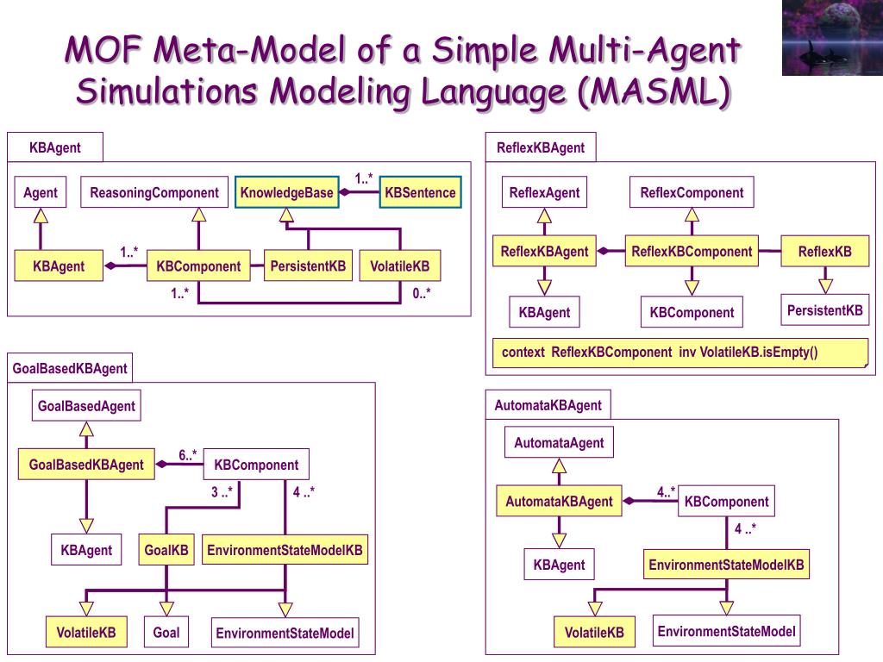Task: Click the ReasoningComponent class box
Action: pos(154,192)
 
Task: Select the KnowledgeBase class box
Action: pos(286,192)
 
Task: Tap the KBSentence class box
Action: pos(420,192)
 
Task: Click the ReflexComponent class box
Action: pos(692,192)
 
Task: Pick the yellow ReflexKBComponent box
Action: pos(692,251)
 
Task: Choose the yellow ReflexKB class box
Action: pos(825,251)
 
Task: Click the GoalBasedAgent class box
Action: pos(86,405)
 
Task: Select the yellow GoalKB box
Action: pos(166,549)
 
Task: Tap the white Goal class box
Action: pos(166,632)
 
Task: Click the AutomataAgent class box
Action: pos(559,442)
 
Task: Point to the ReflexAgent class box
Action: pos(544,192)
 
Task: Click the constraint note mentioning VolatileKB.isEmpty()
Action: pos(680,353)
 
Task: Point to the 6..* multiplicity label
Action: pos(187,455)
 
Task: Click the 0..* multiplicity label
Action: pos(421,293)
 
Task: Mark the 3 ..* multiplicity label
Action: pos(222,492)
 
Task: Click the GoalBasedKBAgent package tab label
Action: pos(70,368)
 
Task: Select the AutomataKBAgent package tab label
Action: pos(548,405)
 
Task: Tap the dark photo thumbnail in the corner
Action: pos(832,38)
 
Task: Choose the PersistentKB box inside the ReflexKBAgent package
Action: pos(824,310)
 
